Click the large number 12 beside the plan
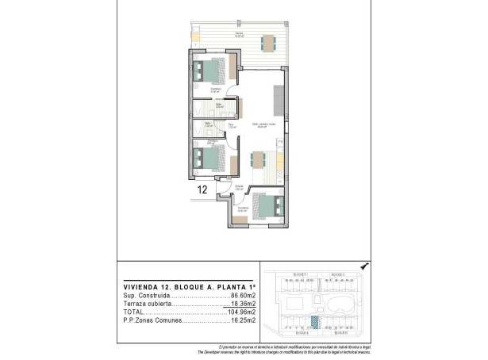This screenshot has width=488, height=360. (202, 190)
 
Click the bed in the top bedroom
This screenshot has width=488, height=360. (212, 71)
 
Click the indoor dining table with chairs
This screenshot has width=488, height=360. (259, 159)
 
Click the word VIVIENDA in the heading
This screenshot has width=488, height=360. (140, 286)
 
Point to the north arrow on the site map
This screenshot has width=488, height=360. (363, 267)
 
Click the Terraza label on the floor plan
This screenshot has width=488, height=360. (238, 33)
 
